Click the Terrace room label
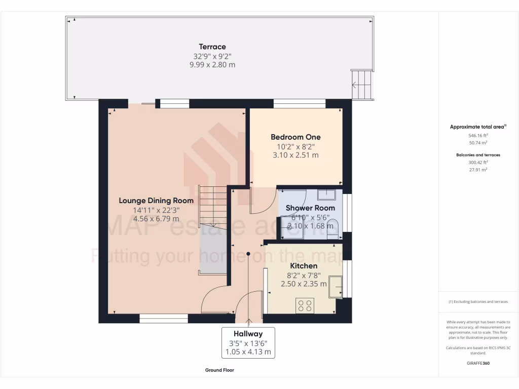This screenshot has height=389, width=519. (x=212, y=47)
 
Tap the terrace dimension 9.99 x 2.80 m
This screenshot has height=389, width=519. (x=212, y=65)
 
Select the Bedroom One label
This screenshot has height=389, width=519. (x=295, y=137)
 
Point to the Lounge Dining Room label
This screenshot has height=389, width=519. (x=156, y=201)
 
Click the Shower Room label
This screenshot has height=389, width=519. (x=310, y=208)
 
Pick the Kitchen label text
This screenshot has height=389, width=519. (x=304, y=266)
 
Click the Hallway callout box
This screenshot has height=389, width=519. (x=248, y=342)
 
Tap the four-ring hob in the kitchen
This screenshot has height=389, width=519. (x=305, y=305)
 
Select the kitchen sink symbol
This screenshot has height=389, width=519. (x=335, y=287)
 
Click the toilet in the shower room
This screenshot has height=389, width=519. (x=332, y=228)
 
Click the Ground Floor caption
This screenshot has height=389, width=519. (x=219, y=370)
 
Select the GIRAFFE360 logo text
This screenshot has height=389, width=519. (x=478, y=363)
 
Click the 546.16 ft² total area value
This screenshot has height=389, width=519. (x=478, y=136)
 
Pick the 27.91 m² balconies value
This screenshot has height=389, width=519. (x=478, y=170)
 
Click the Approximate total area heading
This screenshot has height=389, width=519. (x=478, y=127)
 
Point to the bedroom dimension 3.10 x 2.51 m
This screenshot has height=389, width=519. (x=295, y=155)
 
